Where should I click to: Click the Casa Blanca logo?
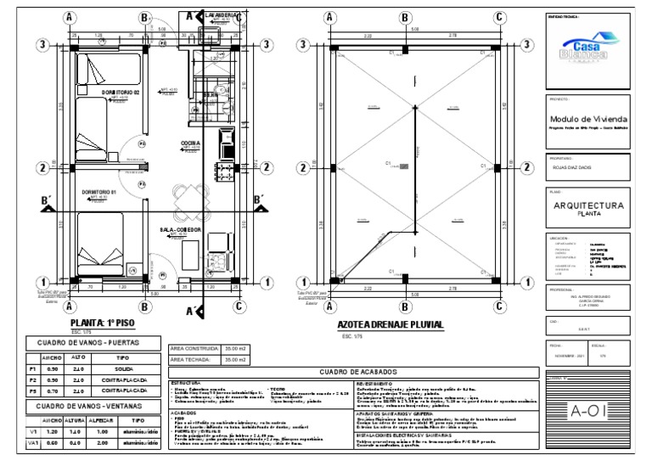[586, 47]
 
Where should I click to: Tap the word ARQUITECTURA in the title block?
[588, 205]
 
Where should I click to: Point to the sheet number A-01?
[587, 413]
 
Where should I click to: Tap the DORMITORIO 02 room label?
[121, 91]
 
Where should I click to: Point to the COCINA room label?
[191, 143]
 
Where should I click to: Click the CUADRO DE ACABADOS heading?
[351, 371]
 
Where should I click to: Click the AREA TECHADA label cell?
[192, 360]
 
